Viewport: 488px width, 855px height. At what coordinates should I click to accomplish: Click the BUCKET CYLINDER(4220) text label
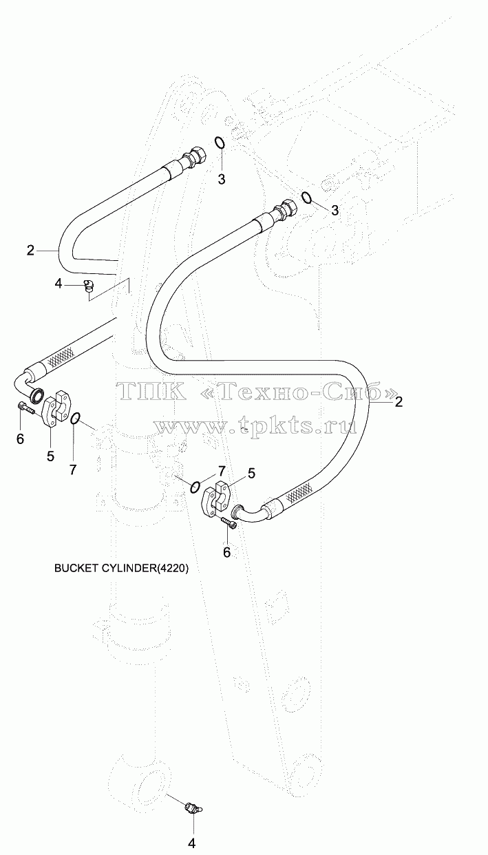[121, 569]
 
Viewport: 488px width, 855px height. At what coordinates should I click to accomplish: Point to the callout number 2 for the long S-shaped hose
[399, 401]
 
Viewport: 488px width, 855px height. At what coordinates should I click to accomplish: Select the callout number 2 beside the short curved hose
[30, 251]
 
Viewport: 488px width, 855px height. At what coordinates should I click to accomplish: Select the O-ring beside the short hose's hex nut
[220, 142]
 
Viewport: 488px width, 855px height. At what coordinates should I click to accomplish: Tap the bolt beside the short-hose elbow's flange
[25, 409]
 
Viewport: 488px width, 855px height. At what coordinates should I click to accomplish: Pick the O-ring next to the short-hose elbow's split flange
[75, 418]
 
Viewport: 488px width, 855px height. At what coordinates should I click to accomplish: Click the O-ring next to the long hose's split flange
[195, 487]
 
